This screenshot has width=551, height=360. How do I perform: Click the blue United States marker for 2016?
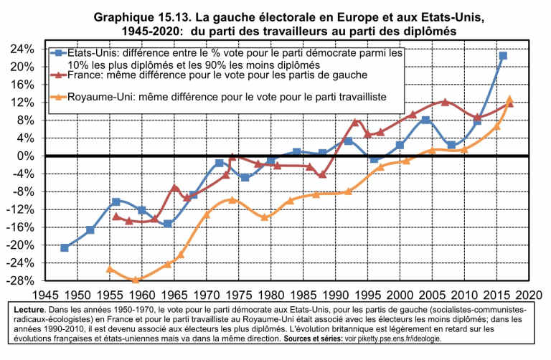[x=503, y=56]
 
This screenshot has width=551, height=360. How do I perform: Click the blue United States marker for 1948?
[x=65, y=247]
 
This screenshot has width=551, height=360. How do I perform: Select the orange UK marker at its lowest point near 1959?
[x=136, y=280]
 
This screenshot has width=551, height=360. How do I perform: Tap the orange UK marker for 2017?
[x=509, y=100]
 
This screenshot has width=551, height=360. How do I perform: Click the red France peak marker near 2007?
[x=445, y=102]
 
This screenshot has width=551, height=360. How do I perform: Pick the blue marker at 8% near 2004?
[x=425, y=120]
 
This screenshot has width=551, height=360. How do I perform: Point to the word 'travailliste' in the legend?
[x=359, y=95]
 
